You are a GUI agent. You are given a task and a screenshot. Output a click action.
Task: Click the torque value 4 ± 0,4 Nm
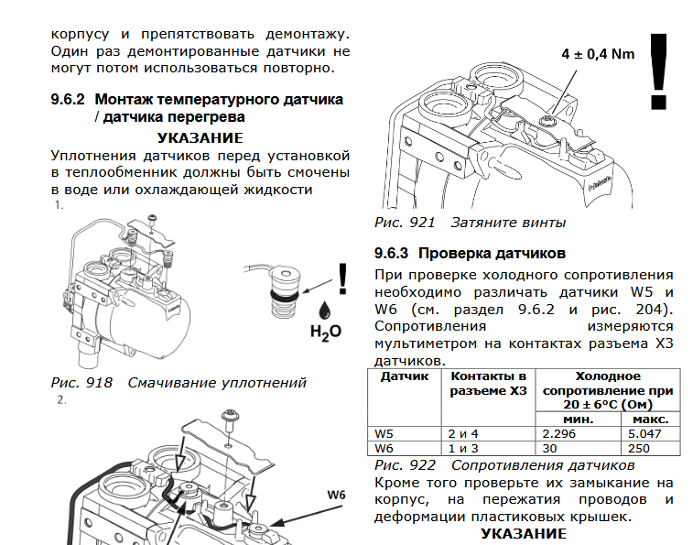pyautogui.click(x=597, y=54)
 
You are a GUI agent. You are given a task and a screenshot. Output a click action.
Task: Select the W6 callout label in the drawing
pyautogui.click(x=335, y=496)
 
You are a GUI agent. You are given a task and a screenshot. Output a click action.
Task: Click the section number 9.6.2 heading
pyautogui.click(x=69, y=99)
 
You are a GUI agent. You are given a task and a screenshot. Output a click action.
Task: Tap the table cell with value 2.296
pyautogui.click(x=559, y=433)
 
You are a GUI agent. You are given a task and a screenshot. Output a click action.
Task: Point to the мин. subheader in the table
pyautogui.click(x=579, y=419)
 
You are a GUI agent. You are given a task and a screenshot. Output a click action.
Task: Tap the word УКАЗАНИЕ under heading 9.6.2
pyautogui.click(x=200, y=137)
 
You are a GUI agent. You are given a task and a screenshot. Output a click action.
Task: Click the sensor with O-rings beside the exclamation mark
pyautogui.click(x=281, y=289)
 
